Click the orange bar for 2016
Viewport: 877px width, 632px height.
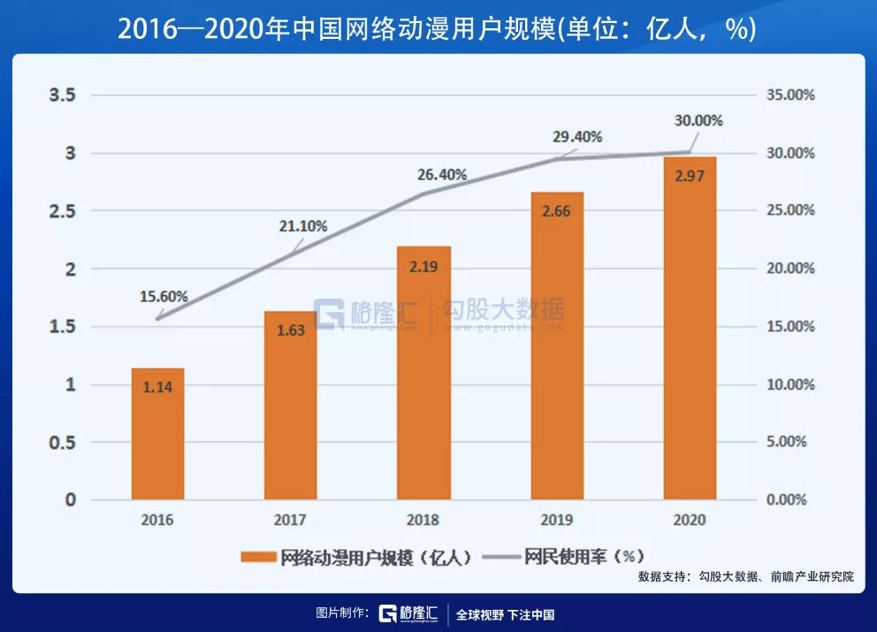pyautogui.click(x=157, y=433)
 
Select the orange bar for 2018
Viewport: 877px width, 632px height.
pyautogui.click(x=423, y=371)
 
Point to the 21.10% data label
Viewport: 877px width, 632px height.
pyautogui.click(x=302, y=226)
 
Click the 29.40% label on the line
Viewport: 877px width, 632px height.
pyautogui.click(x=577, y=137)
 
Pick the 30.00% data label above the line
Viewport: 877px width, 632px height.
pyautogui.click(x=698, y=121)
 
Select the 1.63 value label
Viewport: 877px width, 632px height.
pyautogui.click(x=291, y=331)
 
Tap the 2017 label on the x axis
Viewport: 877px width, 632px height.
pyautogui.click(x=291, y=520)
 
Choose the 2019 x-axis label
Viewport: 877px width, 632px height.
pyautogui.click(x=557, y=520)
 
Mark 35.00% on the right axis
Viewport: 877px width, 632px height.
pyautogui.click(x=789, y=95)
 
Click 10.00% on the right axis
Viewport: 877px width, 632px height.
pyautogui.click(x=789, y=385)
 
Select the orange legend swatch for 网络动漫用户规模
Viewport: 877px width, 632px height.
pyautogui.click(x=257, y=557)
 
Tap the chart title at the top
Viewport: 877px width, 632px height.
pyautogui.click(x=438, y=28)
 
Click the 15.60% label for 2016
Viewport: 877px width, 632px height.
pyautogui.click(x=164, y=298)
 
